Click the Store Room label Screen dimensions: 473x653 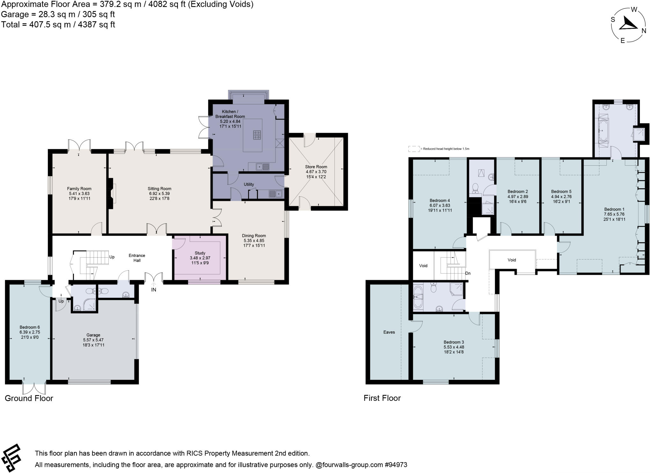pyautogui.click(x=316, y=167)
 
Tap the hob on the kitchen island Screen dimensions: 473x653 pyautogui.click(x=257, y=135)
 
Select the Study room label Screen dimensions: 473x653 pyautogui.click(x=200, y=253)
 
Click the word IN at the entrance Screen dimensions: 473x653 pyautogui.click(x=154, y=290)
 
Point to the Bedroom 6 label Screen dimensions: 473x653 pyautogui.click(x=30, y=327)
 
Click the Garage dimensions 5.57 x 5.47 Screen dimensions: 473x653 pyautogui.click(x=93, y=340)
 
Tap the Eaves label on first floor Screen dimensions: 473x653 pyautogui.click(x=389, y=332)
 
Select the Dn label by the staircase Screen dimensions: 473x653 pyautogui.click(x=468, y=274)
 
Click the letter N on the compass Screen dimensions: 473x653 pyautogui.click(x=644, y=31)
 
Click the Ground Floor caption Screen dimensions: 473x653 pyautogui.click(x=29, y=398)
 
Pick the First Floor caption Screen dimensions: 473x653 pyautogui.click(x=382, y=398)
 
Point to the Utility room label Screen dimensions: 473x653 pyautogui.click(x=249, y=184)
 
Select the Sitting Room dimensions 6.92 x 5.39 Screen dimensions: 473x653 pyautogui.click(x=159, y=193)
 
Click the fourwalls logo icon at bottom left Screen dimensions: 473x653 pyautogui.click(x=11, y=457)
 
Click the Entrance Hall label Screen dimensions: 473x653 pyautogui.click(x=137, y=258)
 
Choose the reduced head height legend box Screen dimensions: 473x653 pyautogui.click(x=414, y=149)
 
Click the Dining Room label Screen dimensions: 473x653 pyautogui.click(x=254, y=236)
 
